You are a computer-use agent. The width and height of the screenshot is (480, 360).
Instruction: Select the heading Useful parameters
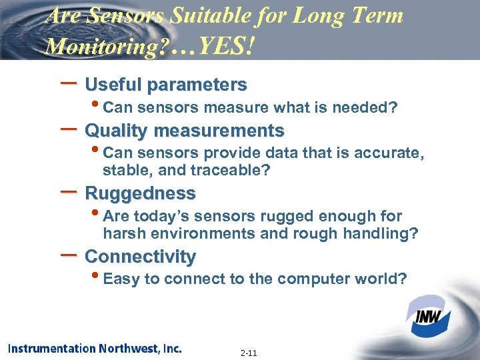[166, 85]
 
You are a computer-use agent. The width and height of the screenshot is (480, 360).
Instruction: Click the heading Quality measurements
[185, 130]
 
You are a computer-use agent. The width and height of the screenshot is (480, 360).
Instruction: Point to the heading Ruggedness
[141, 193]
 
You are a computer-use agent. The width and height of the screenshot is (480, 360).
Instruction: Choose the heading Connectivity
[141, 257]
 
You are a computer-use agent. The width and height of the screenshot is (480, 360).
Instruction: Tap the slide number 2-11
[250, 353]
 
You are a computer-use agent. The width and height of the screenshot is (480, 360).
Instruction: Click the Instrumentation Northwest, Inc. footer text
[95, 348]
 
